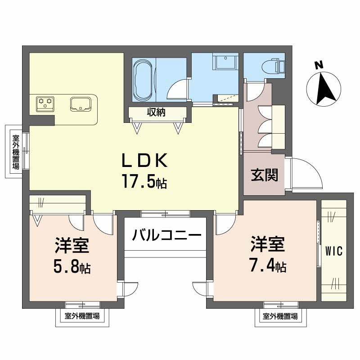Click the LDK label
pyautogui.click(x=145, y=161)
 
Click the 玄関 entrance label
pyautogui.click(x=264, y=175)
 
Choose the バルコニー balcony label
pyautogui.click(x=165, y=234)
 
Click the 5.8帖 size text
pyautogui.click(x=72, y=268)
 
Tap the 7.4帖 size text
pyautogui.click(x=268, y=266)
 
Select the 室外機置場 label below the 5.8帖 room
pyautogui.click(x=82, y=316)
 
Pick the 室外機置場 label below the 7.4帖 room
pyautogui.click(x=280, y=316)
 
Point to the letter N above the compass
pyautogui.click(x=319, y=65)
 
